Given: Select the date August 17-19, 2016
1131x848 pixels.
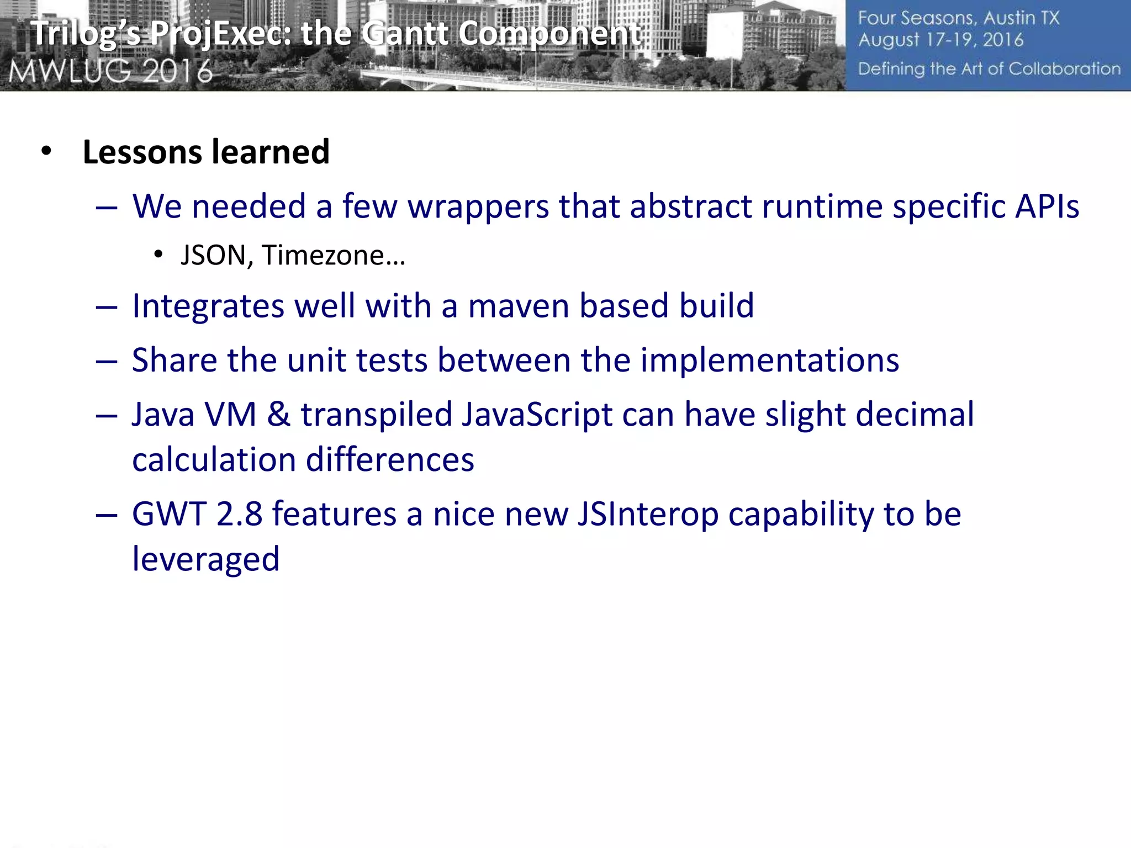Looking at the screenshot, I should pos(940,40).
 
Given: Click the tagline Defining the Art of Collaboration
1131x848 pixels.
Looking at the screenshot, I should pos(989,69).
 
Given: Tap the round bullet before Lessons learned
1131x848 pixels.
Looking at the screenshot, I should pos(46,151).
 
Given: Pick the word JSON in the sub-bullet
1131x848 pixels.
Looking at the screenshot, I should pos(213,256).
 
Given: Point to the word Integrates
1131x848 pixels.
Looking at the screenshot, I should pos(208,307).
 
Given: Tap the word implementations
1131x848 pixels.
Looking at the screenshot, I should pos(769,361).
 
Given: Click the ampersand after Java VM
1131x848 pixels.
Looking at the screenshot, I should pos(278,415).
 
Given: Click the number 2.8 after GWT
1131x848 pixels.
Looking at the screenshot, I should pos(239,515).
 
